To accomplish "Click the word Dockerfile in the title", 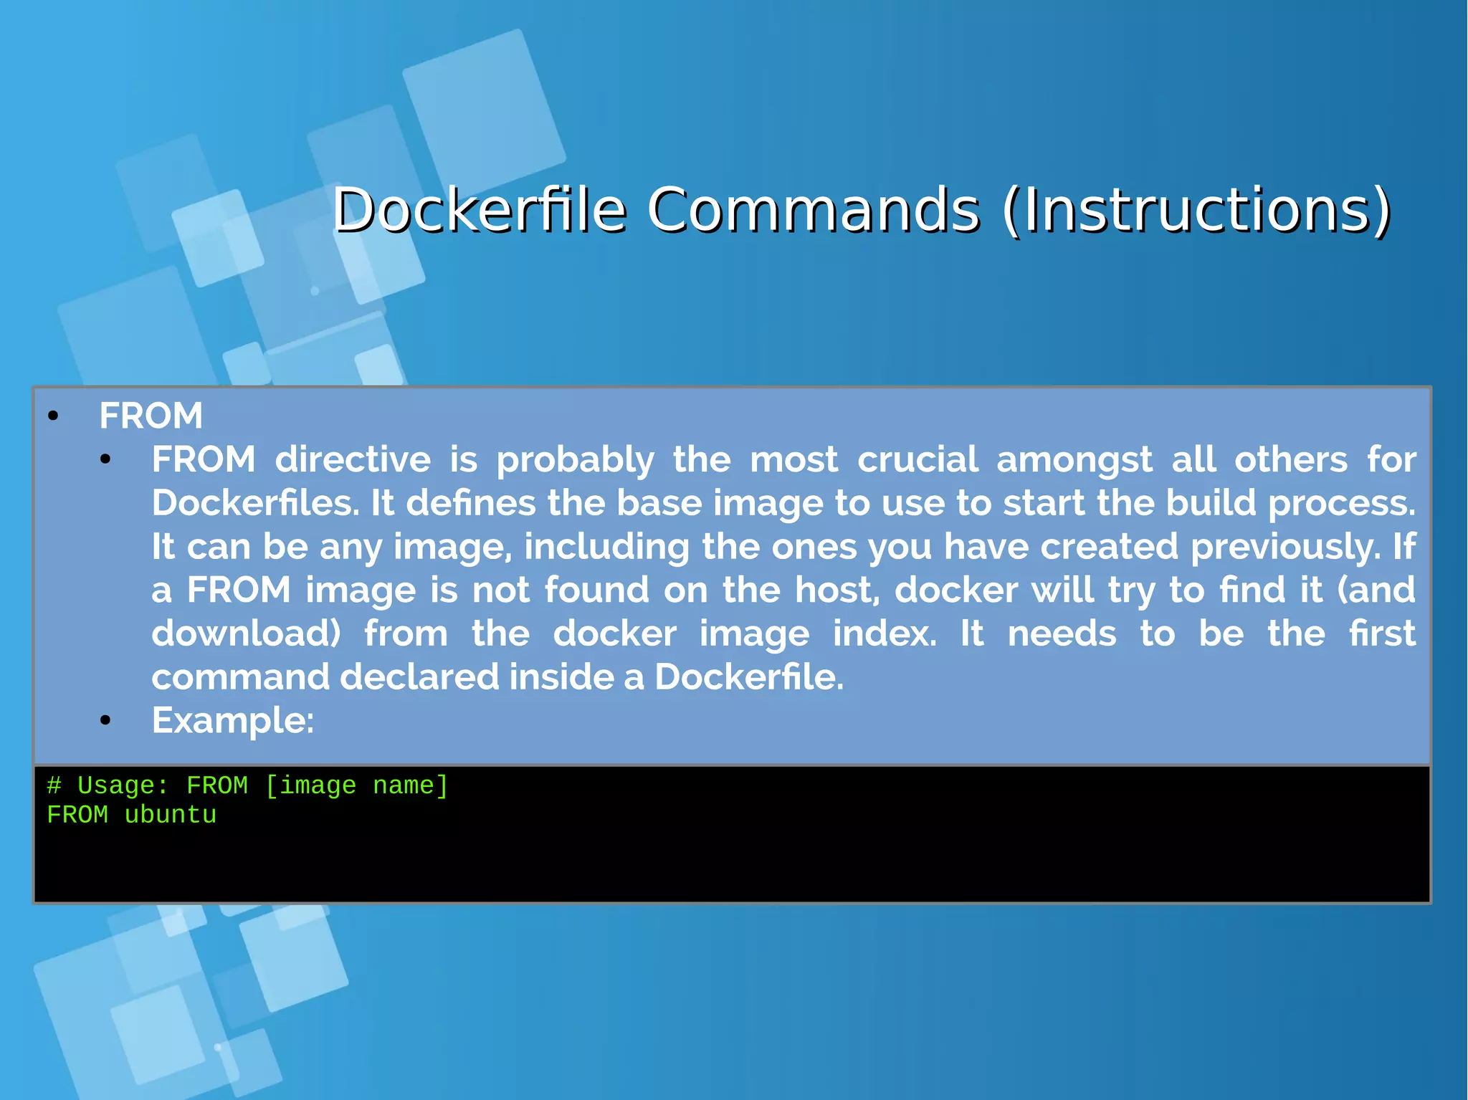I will tap(480, 210).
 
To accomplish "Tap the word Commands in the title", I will tap(813, 210).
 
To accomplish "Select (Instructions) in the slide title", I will tap(1196, 210).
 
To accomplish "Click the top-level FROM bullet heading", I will tap(151, 416).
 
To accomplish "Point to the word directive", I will tap(353, 459).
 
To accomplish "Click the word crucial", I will tap(917, 459).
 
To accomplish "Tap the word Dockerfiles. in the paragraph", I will tap(255, 503).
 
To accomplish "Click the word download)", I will tap(246, 634).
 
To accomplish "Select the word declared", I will tap(419, 677).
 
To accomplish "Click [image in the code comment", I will tap(310, 786).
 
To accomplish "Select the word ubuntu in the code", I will tap(170, 816).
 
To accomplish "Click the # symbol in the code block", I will tap(54, 786).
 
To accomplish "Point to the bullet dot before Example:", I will tap(106, 721).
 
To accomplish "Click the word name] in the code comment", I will tap(411, 786).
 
